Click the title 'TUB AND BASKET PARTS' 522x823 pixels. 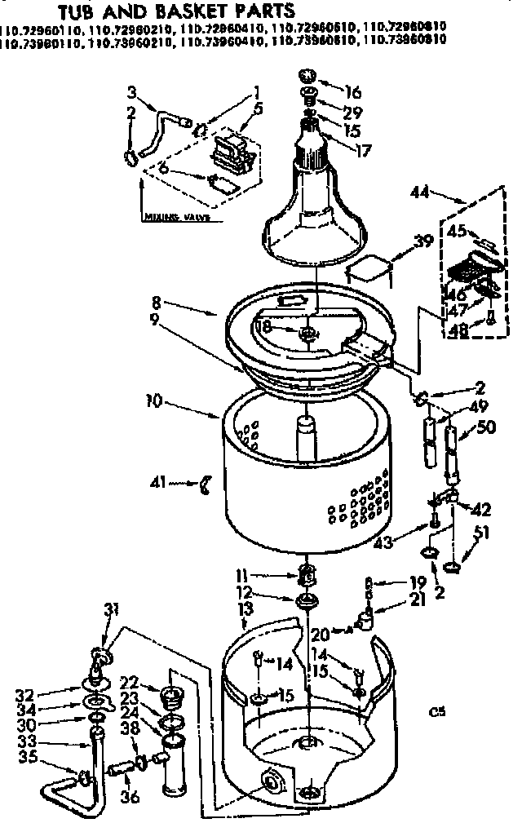point(175,11)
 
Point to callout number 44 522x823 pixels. point(419,192)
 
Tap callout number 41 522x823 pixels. point(157,482)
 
